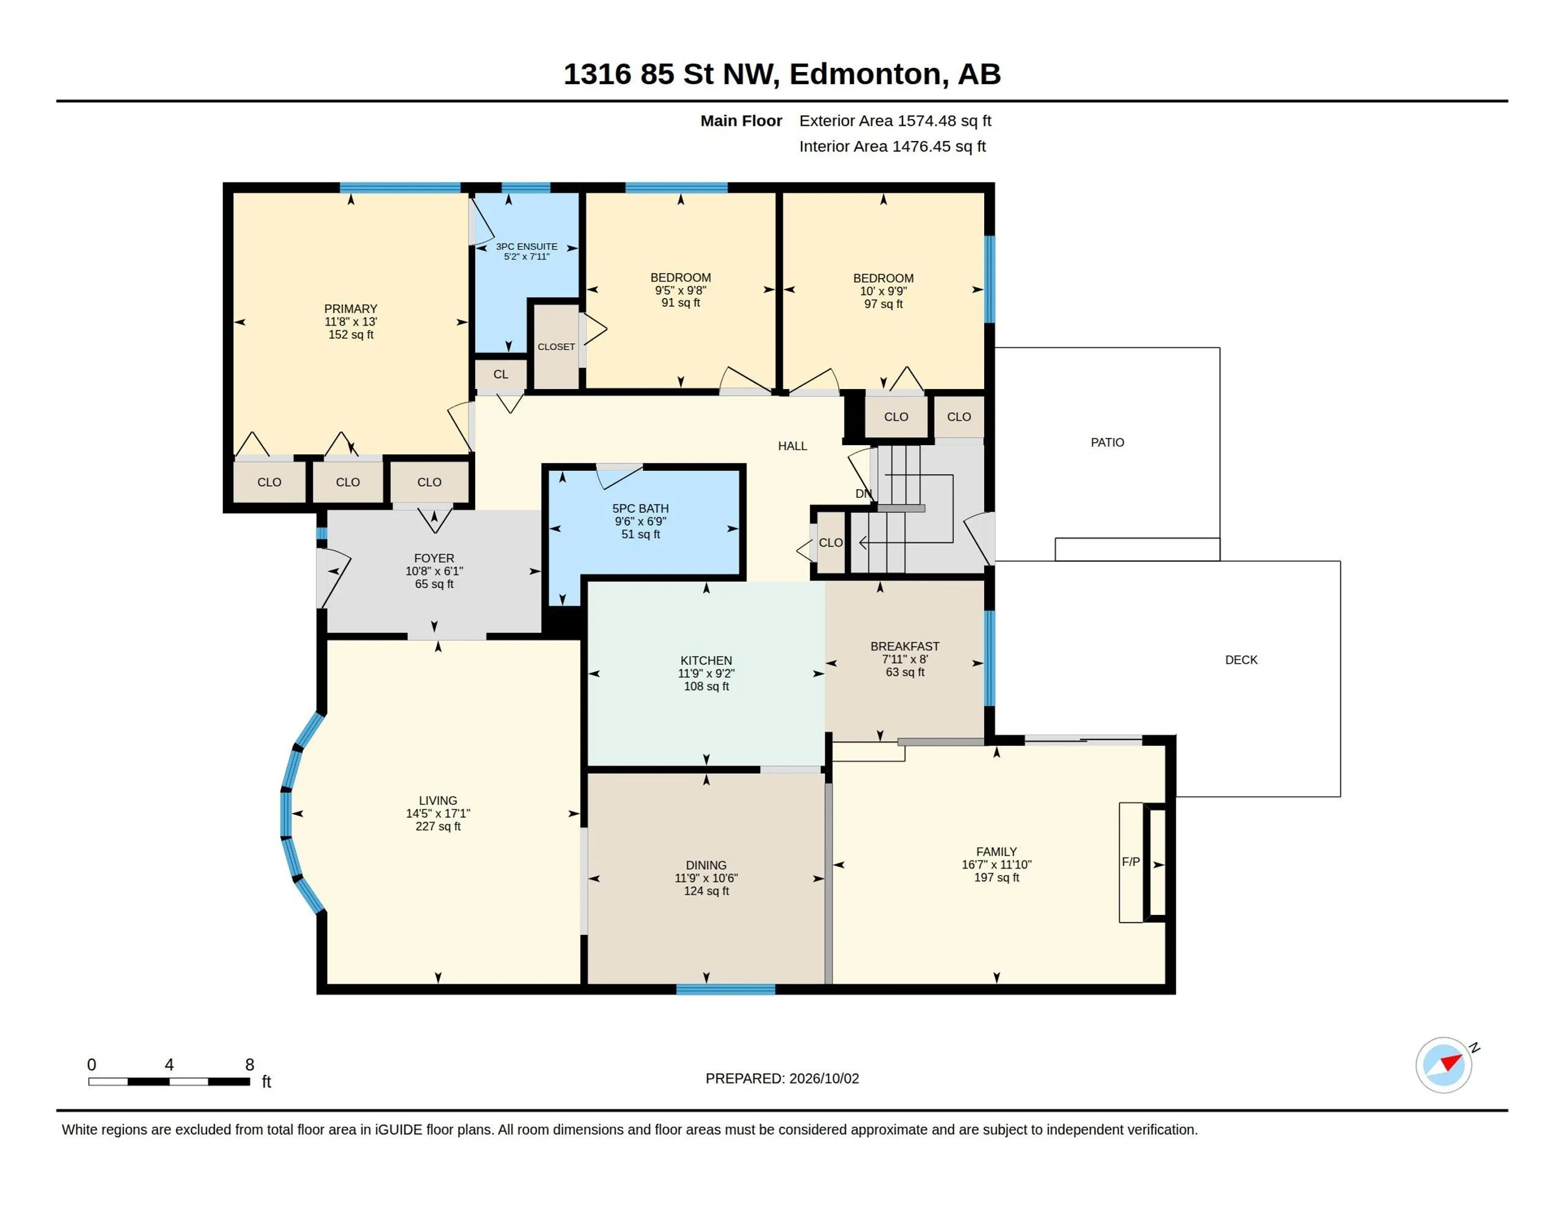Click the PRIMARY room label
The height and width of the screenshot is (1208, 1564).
pos(350,308)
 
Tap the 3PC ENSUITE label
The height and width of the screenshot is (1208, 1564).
pos(527,246)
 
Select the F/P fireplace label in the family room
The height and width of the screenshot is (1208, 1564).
pos(1131,862)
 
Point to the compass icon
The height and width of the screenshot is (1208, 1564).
pos(1444,1065)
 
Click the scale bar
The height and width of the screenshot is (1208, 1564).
pos(169,1081)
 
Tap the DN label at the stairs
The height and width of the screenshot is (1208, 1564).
pos(864,493)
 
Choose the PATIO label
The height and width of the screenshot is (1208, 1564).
pos(1107,443)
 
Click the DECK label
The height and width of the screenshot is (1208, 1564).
pos(1241,660)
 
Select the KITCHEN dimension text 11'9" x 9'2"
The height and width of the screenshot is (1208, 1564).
pos(706,673)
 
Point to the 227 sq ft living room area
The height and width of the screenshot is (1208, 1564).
pos(437,826)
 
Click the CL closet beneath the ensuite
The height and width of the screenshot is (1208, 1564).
pos(500,374)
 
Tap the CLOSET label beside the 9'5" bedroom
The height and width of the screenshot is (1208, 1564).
pos(557,346)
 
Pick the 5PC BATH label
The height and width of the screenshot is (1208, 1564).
pos(640,508)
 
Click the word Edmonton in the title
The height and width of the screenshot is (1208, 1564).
pos(865,75)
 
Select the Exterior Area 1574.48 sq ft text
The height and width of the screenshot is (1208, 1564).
pos(895,121)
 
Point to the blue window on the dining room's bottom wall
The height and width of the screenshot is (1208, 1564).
pos(725,989)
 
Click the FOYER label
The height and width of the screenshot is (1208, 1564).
pos(434,558)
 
